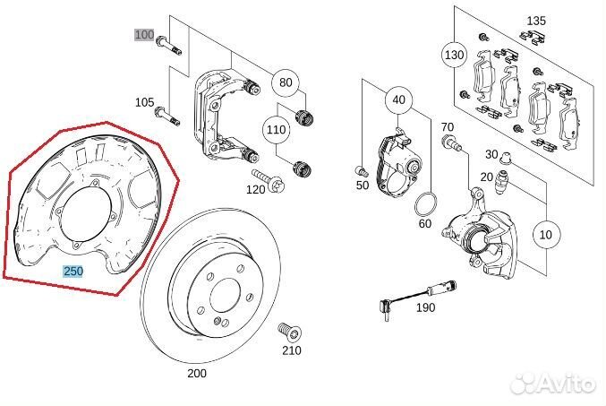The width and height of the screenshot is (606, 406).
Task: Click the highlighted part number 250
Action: pyautogui.click(x=73, y=272)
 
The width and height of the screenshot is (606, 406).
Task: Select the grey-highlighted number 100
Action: pyautogui.click(x=144, y=34)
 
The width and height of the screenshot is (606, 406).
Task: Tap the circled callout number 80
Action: pyautogui.click(x=286, y=82)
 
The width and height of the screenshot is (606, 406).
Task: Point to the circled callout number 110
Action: pyautogui.click(x=276, y=129)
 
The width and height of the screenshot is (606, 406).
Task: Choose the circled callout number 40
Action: pyautogui.click(x=399, y=100)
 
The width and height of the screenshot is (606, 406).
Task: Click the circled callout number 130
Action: pyautogui.click(x=455, y=55)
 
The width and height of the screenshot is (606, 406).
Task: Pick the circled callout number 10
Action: pyautogui.click(x=545, y=235)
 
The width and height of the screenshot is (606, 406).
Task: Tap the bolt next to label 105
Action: pyautogui.click(x=167, y=117)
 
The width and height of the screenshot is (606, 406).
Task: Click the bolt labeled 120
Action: pyautogui.click(x=269, y=179)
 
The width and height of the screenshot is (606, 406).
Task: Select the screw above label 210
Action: pyautogui.click(x=290, y=333)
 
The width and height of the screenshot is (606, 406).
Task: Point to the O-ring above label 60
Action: pyautogui.click(x=425, y=203)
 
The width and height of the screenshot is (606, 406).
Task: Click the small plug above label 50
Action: pyautogui.click(x=360, y=170)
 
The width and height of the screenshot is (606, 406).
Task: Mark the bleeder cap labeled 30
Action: pyautogui.click(x=506, y=158)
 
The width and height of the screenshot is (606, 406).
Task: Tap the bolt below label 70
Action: pyautogui.click(x=451, y=142)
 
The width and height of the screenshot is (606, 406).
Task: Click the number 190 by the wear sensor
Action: pyautogui.click(x=425, y=307)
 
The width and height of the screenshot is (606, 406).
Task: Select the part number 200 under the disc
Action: pyautogui.click(x=197, y=374)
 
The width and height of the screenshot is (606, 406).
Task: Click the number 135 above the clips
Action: pyautogui.click(x=536, y=21)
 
